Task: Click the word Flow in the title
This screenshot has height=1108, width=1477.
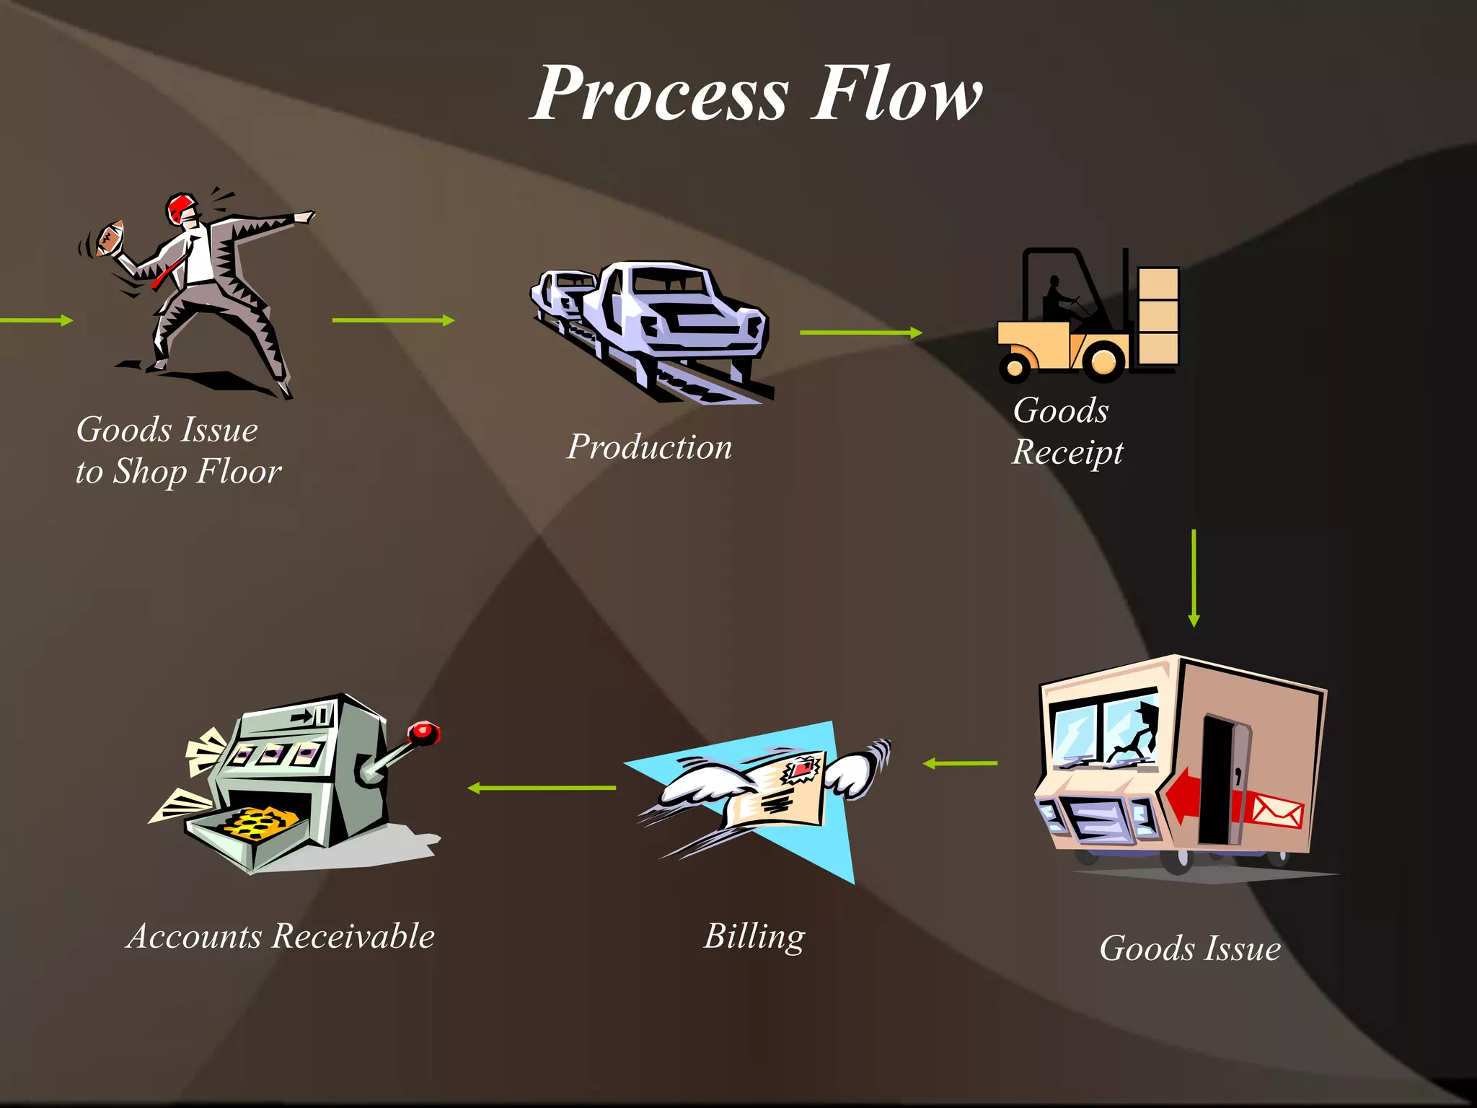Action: coord(896,94)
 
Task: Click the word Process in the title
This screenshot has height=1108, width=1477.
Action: coord(661,94)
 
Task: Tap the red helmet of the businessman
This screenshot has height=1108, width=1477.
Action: coord(180,208)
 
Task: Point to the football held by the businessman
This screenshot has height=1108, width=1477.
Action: coord(110,238)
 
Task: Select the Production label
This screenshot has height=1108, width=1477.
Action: coord(649,447)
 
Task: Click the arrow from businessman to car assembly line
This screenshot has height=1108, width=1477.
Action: coord(393,320)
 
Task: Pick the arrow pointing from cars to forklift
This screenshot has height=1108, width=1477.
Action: coord(860,333)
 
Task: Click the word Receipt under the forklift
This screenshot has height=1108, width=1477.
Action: coord(1067,453)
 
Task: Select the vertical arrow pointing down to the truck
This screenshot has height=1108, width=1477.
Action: coord(1194,577)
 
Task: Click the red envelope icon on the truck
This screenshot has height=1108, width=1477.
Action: coord(1276,811)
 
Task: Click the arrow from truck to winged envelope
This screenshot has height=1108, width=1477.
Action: coord(961,763)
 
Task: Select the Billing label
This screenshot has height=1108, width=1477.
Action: coord(754,936)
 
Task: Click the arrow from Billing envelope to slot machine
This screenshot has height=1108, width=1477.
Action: coord(542,788)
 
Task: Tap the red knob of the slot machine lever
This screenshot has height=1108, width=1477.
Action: coord(424,733)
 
